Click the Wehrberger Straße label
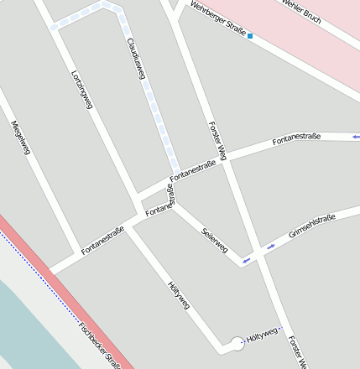coord(217,20)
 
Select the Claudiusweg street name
coord(136,59)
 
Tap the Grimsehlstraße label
coord(312,226)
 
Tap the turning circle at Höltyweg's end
coord(237,342)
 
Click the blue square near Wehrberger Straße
coord(250,36)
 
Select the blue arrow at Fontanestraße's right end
coord(356,136)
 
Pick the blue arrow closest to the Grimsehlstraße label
coord(270,247)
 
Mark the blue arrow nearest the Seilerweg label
coord(246,261)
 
